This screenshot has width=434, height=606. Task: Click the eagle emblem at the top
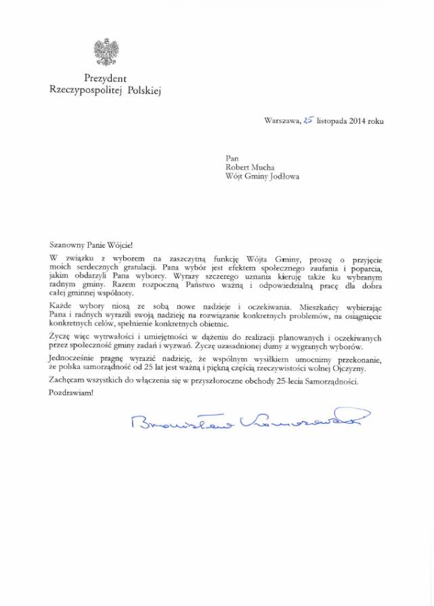tap(106, 52)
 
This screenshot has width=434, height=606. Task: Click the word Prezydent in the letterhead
tap(106, 79)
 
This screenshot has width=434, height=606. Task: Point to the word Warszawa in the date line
tap(282, 121)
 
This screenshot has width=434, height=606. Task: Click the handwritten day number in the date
tap(308, 121)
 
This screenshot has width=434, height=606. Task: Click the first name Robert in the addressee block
tap(239, 167)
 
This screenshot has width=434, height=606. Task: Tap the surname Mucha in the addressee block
tap(269, 167)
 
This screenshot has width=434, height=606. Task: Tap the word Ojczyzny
tap(347, 368)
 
